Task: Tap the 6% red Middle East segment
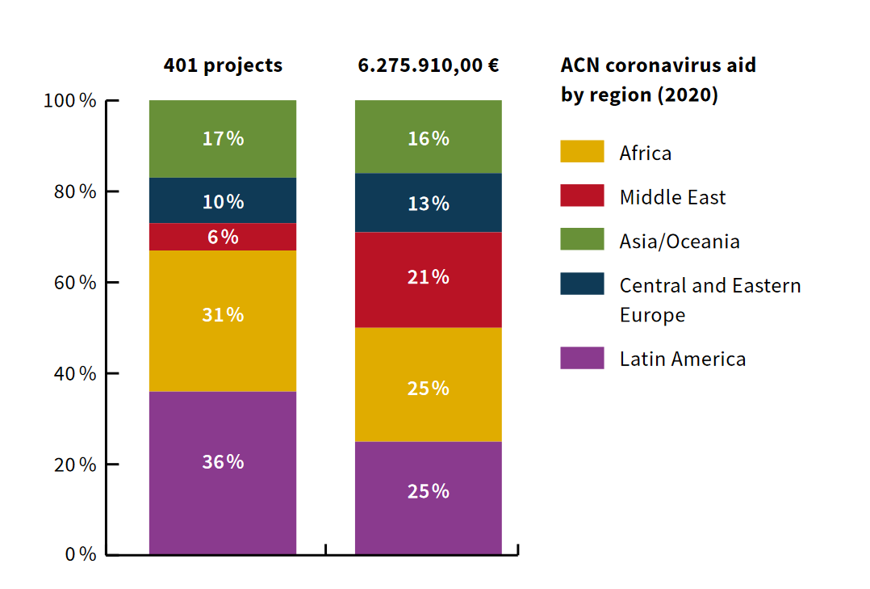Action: click(223, 237)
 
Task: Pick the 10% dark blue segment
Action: click(223, 200)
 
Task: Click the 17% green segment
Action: click(223, 139)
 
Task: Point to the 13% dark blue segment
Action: click(429, 203)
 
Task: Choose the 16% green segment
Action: click(429, 137)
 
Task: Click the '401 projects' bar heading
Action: click(223, 65)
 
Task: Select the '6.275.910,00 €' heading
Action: click(429, 65)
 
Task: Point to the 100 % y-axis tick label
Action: click(70, 101)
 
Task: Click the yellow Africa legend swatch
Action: click(582, 152)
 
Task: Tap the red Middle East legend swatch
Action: click(582, 196)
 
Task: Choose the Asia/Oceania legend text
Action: click(680, 241)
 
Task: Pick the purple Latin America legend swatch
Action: click(582, 358)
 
